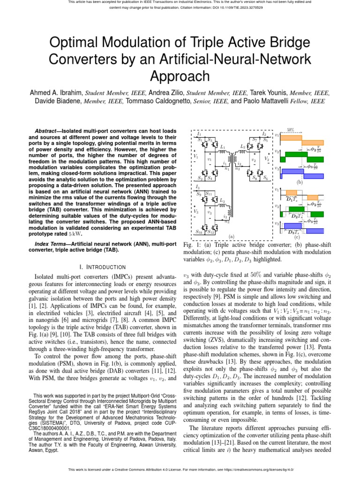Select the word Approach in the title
180,76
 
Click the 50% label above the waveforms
291,129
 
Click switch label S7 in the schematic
255,140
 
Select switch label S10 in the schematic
200,232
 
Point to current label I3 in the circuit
197,187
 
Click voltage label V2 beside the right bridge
266,159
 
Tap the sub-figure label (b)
300,181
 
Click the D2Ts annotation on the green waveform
296,216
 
